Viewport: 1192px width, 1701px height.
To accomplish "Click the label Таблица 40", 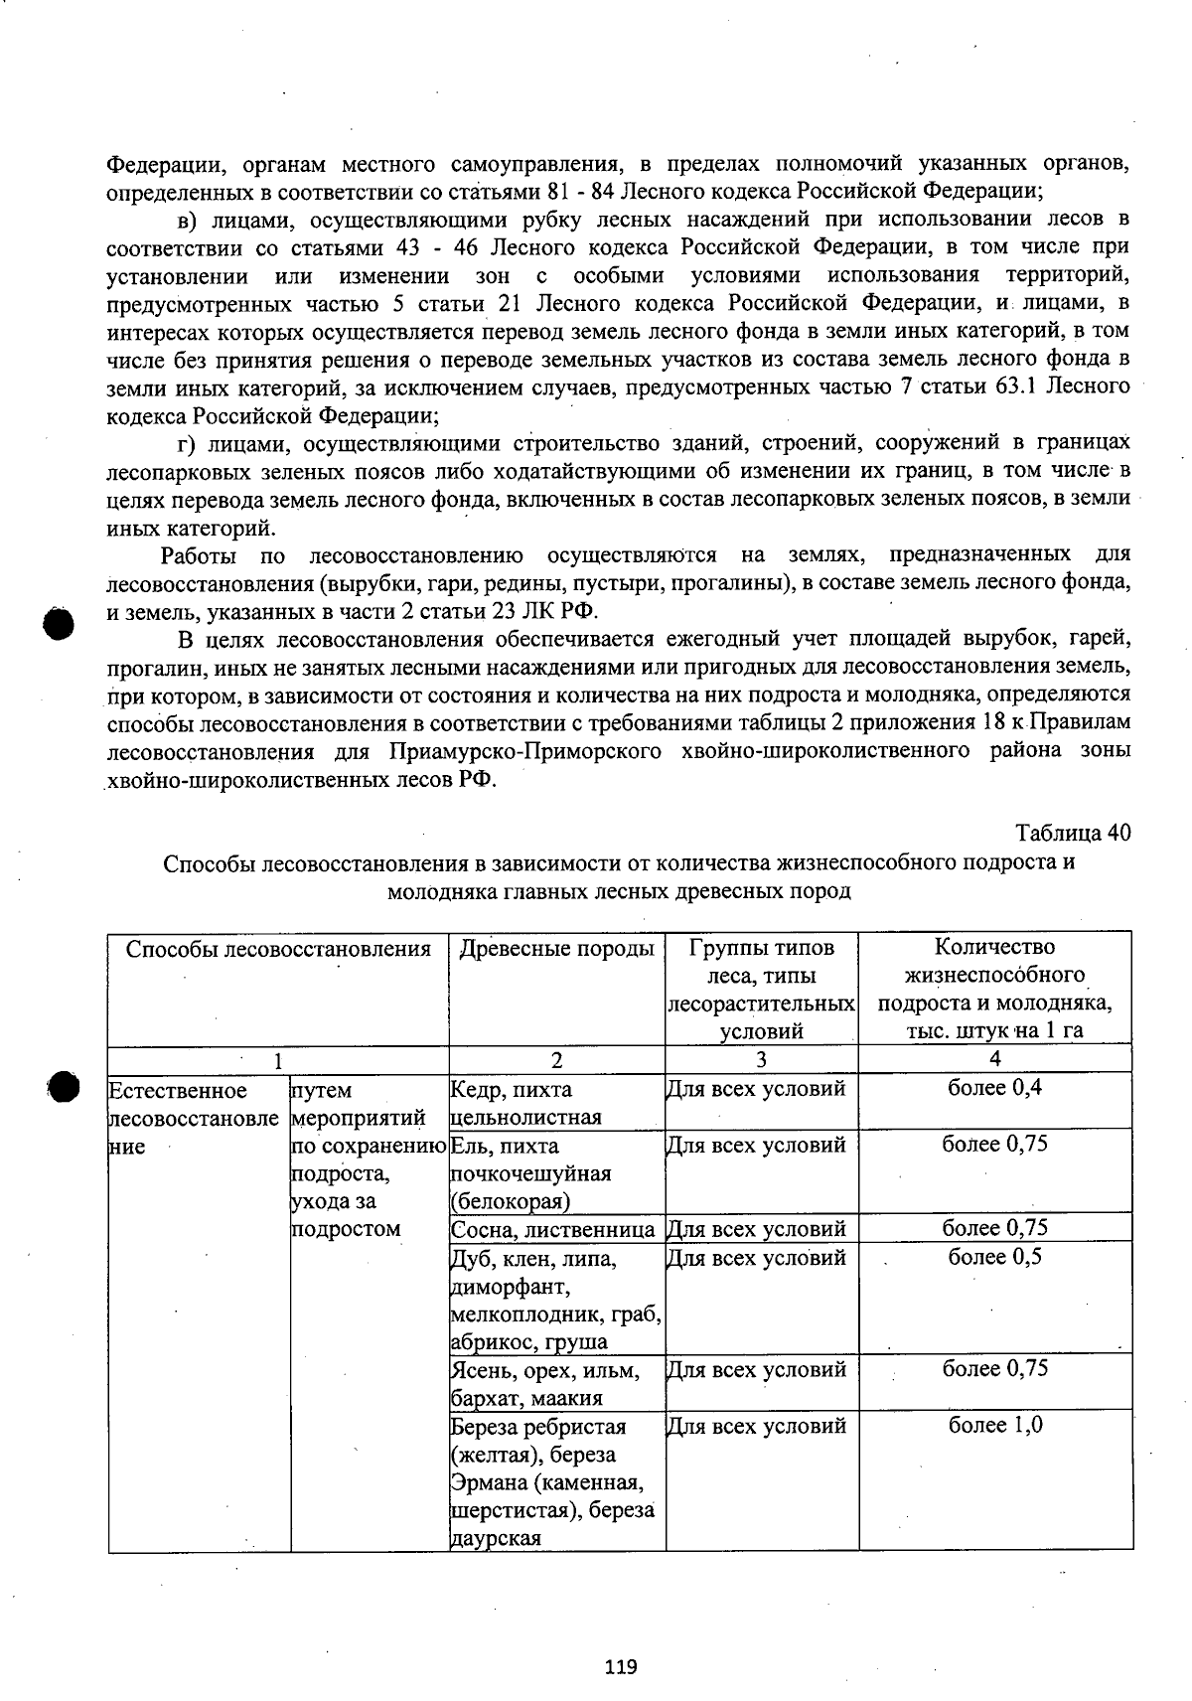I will [x=1072, y=833].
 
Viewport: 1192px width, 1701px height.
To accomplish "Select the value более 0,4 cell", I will [x=994, y=1087].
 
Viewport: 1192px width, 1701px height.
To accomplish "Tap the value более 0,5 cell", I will [x=994, y=1256].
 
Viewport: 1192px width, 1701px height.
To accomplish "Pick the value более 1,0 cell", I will [x=994, y=1425].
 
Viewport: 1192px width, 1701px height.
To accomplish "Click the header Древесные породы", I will [x=556, y=948].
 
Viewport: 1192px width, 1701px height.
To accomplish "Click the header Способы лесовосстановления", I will [x=278, y=948].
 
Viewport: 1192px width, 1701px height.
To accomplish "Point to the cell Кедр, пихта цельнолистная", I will [x=526, y=1103].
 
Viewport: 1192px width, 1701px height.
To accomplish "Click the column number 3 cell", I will [x=761, y=1059].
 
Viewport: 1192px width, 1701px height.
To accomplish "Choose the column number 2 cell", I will [x=556, y=1059].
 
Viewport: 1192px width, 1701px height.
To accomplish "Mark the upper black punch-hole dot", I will [x=59, y=624].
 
